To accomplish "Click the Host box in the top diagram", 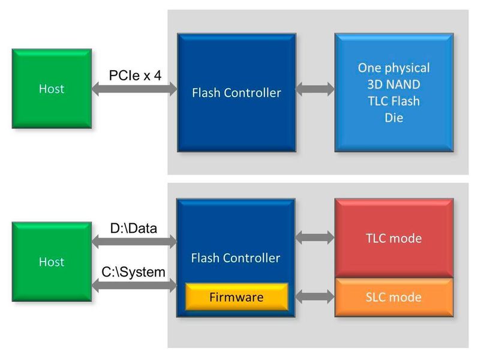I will pos(51,89).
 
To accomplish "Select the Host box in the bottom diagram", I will pos(51,262).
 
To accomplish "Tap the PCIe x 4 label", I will pos(135,76).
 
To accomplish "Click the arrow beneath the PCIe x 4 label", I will pos(134,90).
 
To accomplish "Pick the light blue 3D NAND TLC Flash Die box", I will pos(393,92).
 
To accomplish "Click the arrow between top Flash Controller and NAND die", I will pos(315,90).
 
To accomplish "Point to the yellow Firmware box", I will pos(236,297).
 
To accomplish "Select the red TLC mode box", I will pos(393,238).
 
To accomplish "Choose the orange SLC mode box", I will pos(393,297).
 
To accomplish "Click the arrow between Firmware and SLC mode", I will pos(315,296).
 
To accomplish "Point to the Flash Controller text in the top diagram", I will pos(236,93).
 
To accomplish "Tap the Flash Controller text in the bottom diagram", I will pos(236,259).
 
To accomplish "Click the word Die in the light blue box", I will pos(393,118).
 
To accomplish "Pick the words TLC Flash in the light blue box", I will pos(393,101).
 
